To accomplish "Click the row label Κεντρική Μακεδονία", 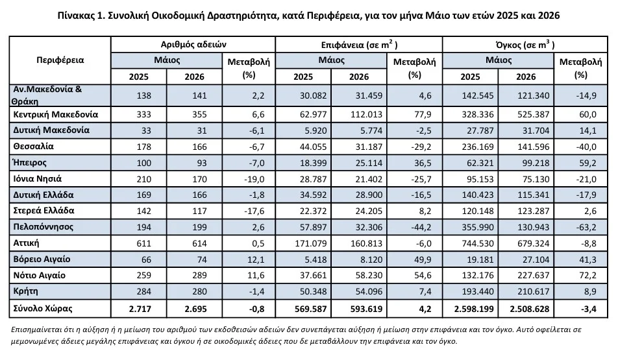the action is coord(56,115).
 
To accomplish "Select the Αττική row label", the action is coord(26,243).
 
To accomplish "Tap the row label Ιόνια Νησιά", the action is coord(38,179).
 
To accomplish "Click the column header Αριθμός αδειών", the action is coord(193,45).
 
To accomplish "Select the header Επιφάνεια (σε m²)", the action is coord(359,45).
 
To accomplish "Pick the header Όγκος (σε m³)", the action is coord(525,45).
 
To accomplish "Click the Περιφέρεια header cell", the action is coord(60,60).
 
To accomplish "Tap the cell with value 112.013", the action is coord(367,115).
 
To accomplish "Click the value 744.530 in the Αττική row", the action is coord(478,243).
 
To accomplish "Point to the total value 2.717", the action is coord(140,309).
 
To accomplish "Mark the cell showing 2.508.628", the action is coord(529,309).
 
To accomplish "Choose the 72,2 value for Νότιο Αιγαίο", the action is coord(588,276).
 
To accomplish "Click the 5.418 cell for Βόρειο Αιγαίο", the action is coord(315,259).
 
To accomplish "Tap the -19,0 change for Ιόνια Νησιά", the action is coord(254,179).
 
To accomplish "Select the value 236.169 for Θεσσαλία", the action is coord(478,147).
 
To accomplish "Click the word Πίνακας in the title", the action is coord(75,16).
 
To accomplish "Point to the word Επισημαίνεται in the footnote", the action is coord(34,330).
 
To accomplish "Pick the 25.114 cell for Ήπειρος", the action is coord(369,163).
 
